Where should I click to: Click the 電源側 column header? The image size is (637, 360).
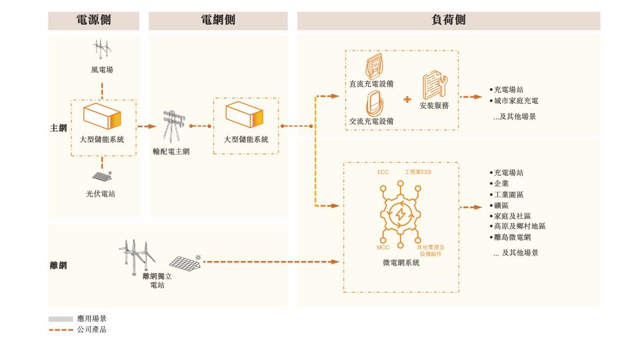(94, 20)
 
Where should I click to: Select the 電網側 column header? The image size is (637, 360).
(218, 20)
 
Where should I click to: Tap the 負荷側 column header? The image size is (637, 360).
(448, 20)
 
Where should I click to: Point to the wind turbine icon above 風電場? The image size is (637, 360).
(102, 49)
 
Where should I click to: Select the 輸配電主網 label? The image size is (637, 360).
(171, 152)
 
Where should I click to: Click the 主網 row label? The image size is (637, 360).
(58, 127)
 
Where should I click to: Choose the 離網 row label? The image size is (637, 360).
(58, 266)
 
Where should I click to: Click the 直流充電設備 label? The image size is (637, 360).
(370, 84)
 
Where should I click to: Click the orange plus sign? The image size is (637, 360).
(407, 99)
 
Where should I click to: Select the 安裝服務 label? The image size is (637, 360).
(435, 106)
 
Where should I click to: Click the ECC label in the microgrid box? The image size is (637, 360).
(383, 172)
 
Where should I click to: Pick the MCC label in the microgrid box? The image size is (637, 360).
(383, 248)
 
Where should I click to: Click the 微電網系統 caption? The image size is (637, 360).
(400, 263)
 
